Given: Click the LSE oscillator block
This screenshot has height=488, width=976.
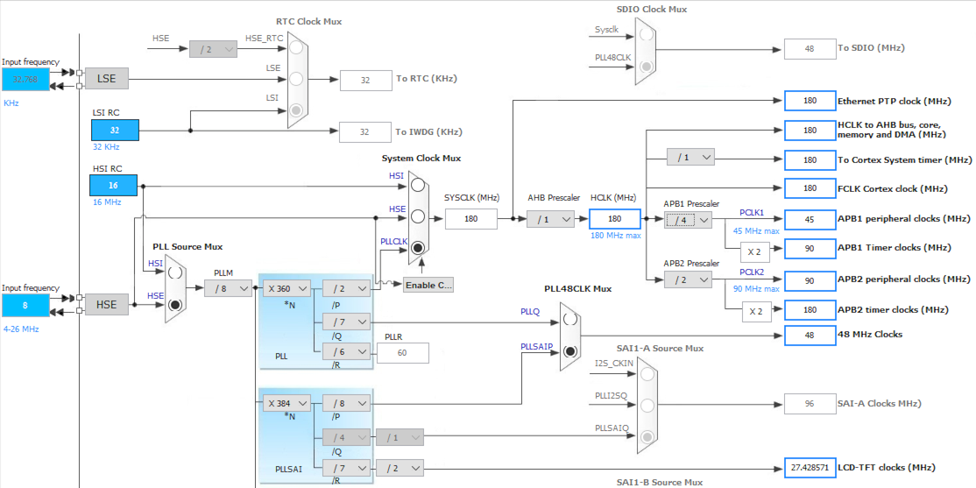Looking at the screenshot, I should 106,79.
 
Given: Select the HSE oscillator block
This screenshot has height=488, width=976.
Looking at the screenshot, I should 106,305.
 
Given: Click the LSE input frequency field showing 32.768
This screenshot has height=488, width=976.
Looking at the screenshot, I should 25,79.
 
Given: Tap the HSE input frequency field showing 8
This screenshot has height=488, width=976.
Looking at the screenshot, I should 25,305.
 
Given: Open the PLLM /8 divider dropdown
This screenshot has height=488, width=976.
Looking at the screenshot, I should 228,287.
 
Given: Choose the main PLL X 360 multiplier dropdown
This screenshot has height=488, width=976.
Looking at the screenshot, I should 286,287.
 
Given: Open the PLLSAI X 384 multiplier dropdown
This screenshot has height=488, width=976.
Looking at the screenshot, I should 286,403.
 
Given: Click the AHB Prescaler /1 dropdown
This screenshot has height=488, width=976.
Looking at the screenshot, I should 550,219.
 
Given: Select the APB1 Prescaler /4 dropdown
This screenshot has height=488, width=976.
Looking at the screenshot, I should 688,219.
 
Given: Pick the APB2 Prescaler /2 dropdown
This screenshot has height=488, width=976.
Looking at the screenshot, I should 688,279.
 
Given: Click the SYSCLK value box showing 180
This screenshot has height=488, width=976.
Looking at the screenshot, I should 470,219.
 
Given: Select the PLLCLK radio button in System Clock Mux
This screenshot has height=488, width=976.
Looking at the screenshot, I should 418,248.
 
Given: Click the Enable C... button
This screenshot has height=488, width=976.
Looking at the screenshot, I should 428,285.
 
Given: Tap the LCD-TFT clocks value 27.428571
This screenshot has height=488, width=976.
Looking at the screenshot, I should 810,467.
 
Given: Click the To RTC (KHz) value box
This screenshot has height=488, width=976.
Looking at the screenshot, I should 365,80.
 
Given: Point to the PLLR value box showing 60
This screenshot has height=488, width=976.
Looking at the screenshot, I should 402,352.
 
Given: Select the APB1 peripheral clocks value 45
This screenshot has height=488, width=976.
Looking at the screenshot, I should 810,219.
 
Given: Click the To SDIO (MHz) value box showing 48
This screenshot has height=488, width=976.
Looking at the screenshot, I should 810,49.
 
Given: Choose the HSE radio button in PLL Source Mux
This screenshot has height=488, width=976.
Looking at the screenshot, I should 175,305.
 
